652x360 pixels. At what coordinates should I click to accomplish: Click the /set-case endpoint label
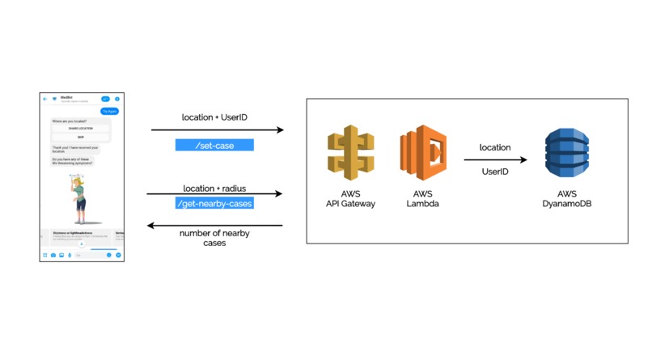click(214, 146)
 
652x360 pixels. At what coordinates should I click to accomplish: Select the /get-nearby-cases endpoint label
click(214, 203)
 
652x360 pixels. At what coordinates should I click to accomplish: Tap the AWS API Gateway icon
click(350, 151)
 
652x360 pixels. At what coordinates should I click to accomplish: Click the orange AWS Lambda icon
click(423, 152)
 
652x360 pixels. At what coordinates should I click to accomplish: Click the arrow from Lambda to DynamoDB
click(495, 160)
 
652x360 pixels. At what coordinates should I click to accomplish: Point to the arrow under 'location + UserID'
click(217, 129)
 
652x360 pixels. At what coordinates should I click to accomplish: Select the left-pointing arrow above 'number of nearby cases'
click(214, 226)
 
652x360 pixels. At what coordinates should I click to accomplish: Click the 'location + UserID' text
click(214, 117)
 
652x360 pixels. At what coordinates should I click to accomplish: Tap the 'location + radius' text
click(214, 188)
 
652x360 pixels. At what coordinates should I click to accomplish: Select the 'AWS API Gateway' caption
click(350, 199)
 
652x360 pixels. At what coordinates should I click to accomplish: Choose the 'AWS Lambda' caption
click(422, 199)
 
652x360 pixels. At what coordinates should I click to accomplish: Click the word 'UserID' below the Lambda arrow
click(495, 172)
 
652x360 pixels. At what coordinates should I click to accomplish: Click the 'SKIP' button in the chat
click(81, 137)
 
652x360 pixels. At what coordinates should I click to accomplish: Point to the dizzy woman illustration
click(79, 198)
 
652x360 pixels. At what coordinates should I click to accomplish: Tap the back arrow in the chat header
click(45, 99)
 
